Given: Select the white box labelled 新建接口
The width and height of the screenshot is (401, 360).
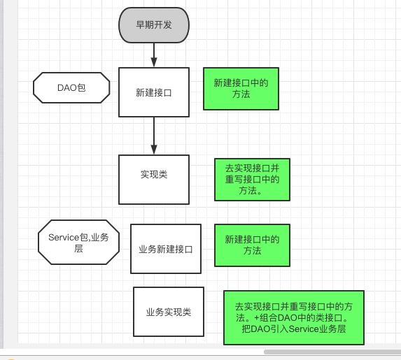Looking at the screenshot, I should point(153,92).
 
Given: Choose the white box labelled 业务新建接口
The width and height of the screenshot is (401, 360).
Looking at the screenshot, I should point(165,248).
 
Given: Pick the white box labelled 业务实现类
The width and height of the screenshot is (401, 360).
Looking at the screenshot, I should point(168,312).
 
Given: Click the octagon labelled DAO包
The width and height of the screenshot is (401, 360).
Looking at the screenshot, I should point(71,88).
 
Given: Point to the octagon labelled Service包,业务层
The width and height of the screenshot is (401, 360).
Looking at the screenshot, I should point(78,243).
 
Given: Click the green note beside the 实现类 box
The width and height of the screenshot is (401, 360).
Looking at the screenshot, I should point(252,179).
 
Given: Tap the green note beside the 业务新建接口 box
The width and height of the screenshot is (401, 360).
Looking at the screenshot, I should point(252,245).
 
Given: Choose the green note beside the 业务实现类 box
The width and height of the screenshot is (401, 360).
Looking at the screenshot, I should point(294,317).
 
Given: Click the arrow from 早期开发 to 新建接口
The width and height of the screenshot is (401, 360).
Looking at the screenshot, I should point(153,53).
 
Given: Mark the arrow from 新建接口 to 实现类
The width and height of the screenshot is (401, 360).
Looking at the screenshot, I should point(153,135).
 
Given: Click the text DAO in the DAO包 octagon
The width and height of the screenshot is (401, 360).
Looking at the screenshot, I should point(66,88).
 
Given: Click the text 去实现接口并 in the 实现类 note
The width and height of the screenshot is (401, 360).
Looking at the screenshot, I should point(252,168).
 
